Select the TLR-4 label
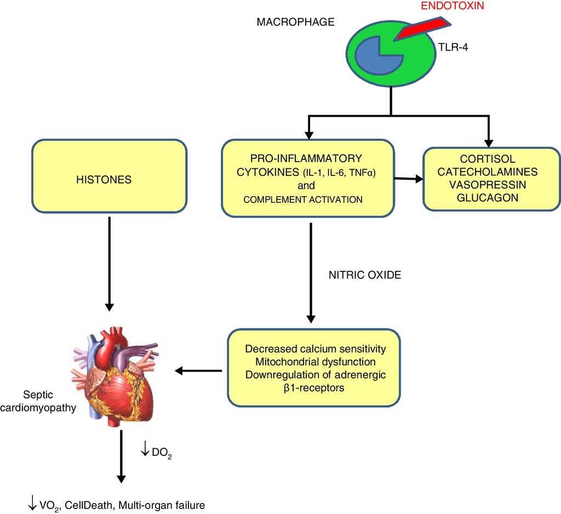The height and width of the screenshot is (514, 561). click(x=454, y=48)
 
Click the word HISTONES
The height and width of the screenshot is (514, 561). click(x=104, y=179)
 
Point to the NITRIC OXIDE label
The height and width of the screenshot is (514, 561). click(x=365, y=275)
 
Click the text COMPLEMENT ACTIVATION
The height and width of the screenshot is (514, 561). click(x=303, y=199)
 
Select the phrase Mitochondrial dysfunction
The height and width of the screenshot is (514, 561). click(x=310, y=362)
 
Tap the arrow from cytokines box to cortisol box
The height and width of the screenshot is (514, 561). click(x=409, y=178)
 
